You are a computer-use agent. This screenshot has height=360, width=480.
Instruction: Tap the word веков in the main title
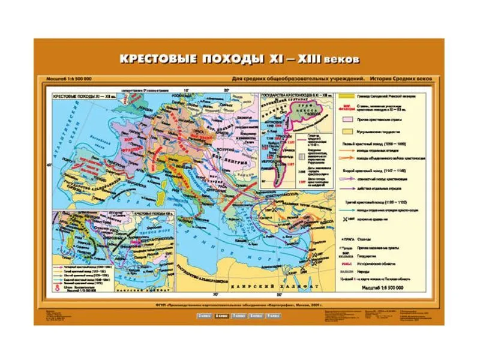tap(341, 61)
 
